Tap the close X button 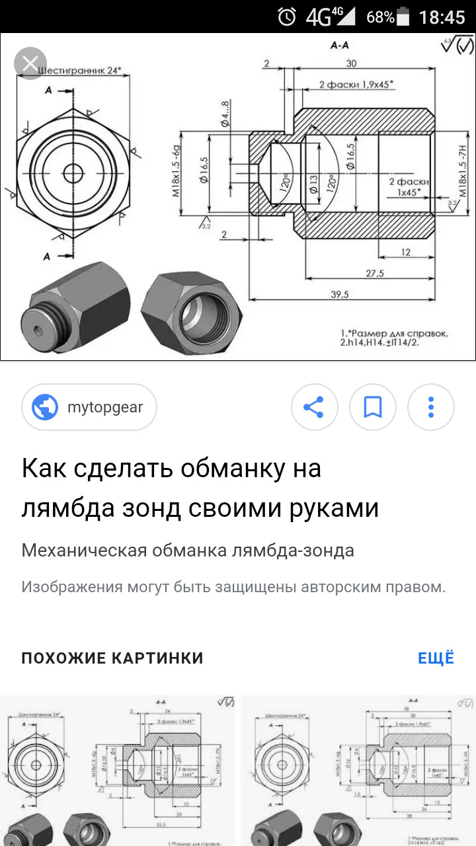pos(30,64)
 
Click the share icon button pos(314,407)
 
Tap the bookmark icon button pos(373,407)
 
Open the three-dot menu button pos(431,407)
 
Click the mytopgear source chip pos(89,407)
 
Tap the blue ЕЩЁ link pos(436,658)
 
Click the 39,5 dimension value pos(339,294)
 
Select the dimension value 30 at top pos(350,63)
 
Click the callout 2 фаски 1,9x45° pos(356,84)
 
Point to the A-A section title pos(339,46)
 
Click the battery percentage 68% pos(381,17)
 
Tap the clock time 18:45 pos(442,17)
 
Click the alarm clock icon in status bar pos(287,17)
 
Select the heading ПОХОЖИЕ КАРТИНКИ pos(112,658)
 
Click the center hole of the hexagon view pos(73,173)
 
